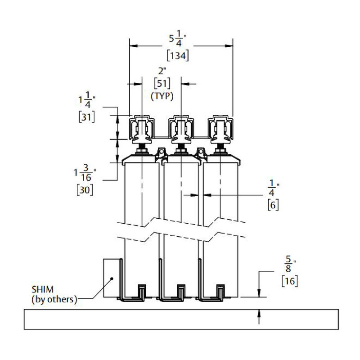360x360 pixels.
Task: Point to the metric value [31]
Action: click(x=86, y=117)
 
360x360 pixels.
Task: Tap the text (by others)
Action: click(x=54, y=299)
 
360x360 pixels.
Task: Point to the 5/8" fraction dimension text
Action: click(x=288, y=265)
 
